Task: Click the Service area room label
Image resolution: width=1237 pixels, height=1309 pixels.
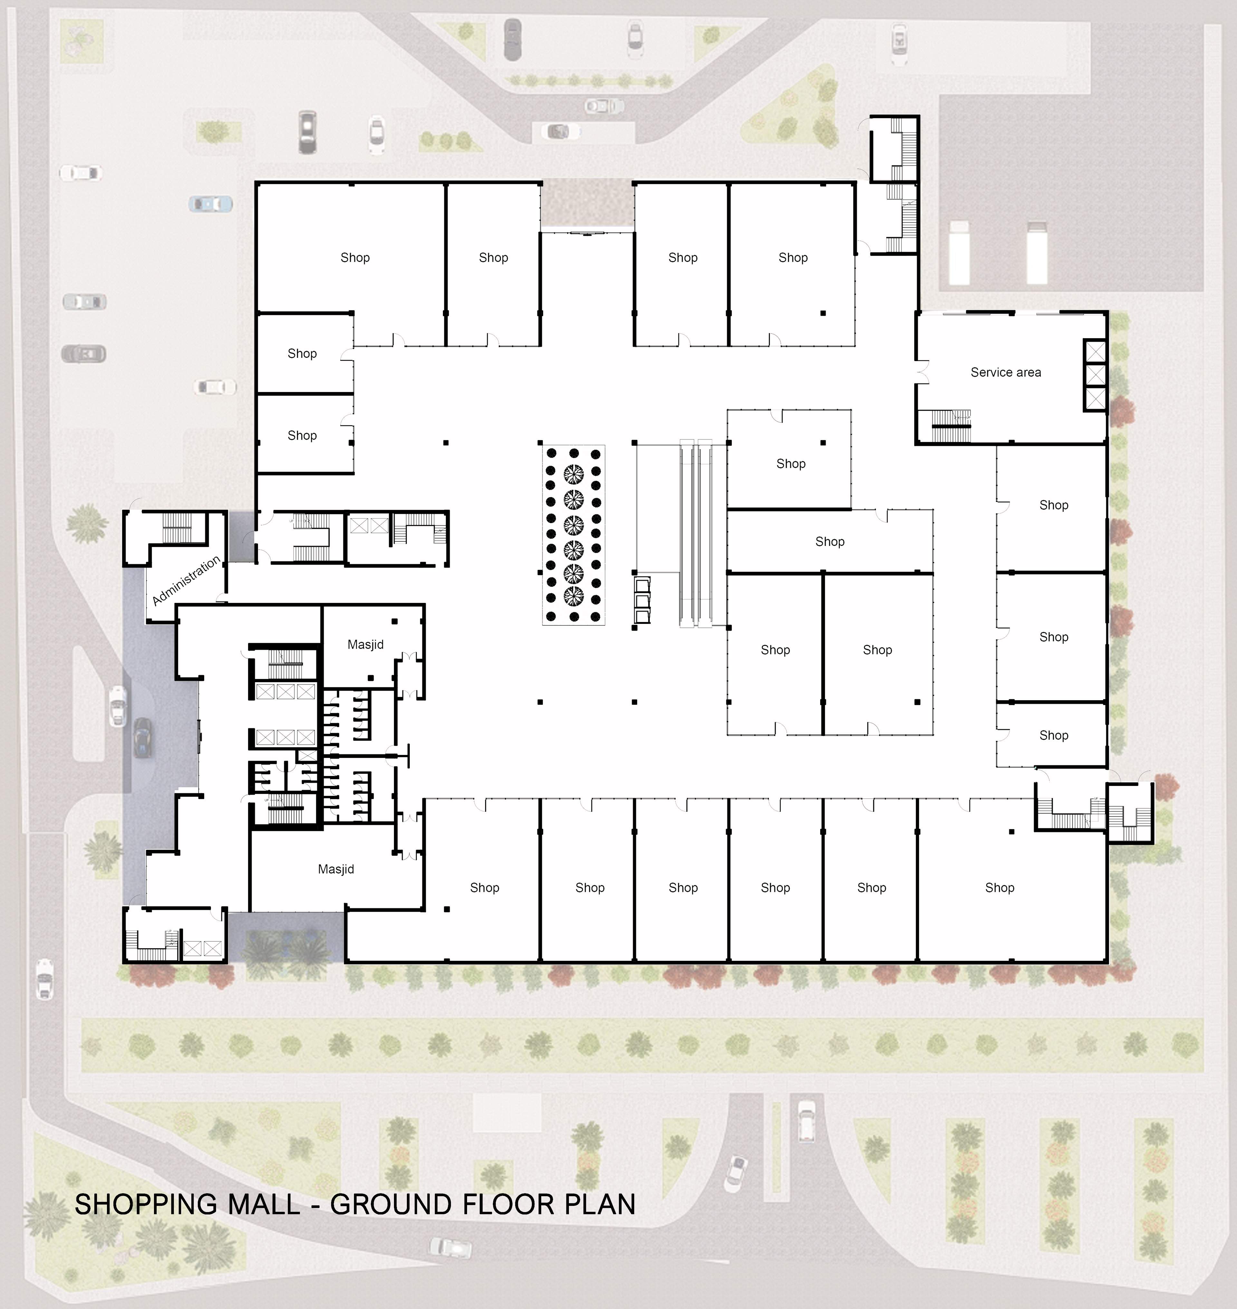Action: pos(1006,373)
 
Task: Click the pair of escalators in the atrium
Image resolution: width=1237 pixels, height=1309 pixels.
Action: pos(695,533)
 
